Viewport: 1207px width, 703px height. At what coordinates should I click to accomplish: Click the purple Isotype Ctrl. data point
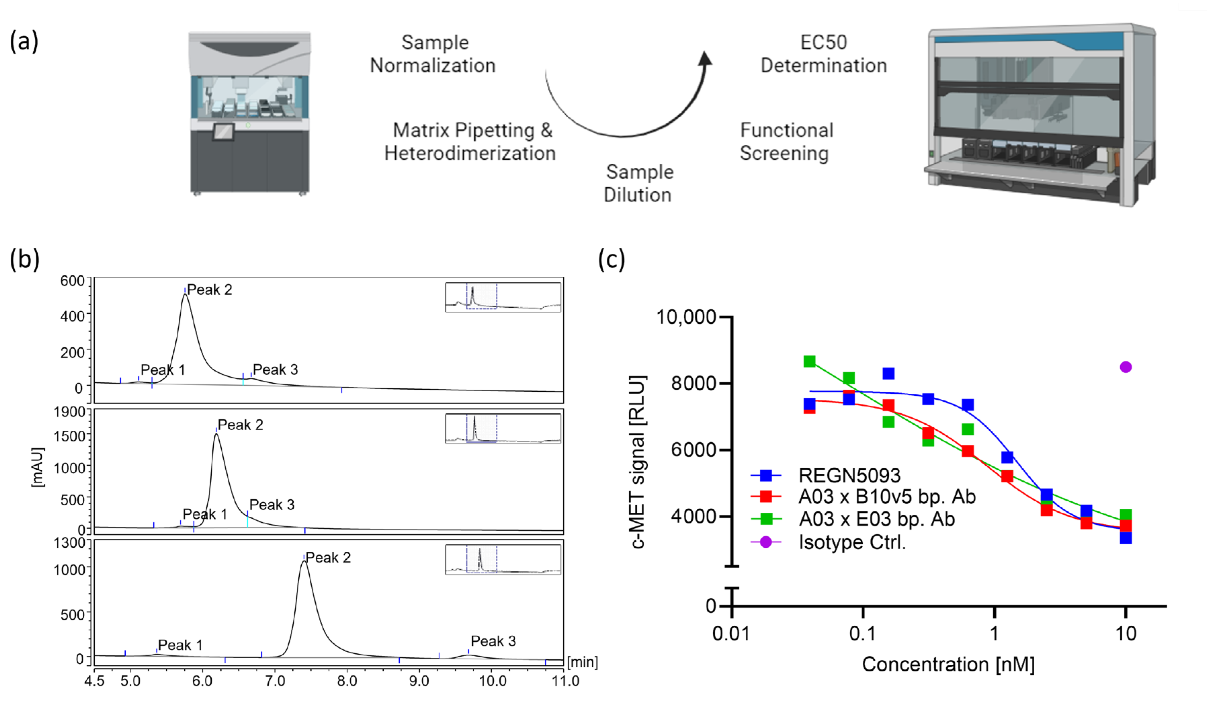tap(1126, 367)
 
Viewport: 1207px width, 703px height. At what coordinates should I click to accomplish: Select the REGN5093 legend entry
tap(849, 475)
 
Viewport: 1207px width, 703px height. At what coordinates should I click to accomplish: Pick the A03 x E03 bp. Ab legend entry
tap(876, 519)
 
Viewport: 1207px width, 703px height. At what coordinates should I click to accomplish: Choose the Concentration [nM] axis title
tap(948, 664)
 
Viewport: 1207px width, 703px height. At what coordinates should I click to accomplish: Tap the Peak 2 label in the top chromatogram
tap(209, 289)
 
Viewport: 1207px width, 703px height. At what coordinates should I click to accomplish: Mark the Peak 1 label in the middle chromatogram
tap(205, 514)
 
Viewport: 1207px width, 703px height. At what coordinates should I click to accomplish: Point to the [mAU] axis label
tap(37, 467)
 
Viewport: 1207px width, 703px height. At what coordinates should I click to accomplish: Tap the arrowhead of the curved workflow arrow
tap(705, 58)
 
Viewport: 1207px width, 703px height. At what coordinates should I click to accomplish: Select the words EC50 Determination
tap(823, 54)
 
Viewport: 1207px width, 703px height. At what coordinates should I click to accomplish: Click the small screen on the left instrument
tap(223, 132)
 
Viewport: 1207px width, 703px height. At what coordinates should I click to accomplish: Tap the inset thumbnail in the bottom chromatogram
tap(503, 559)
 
